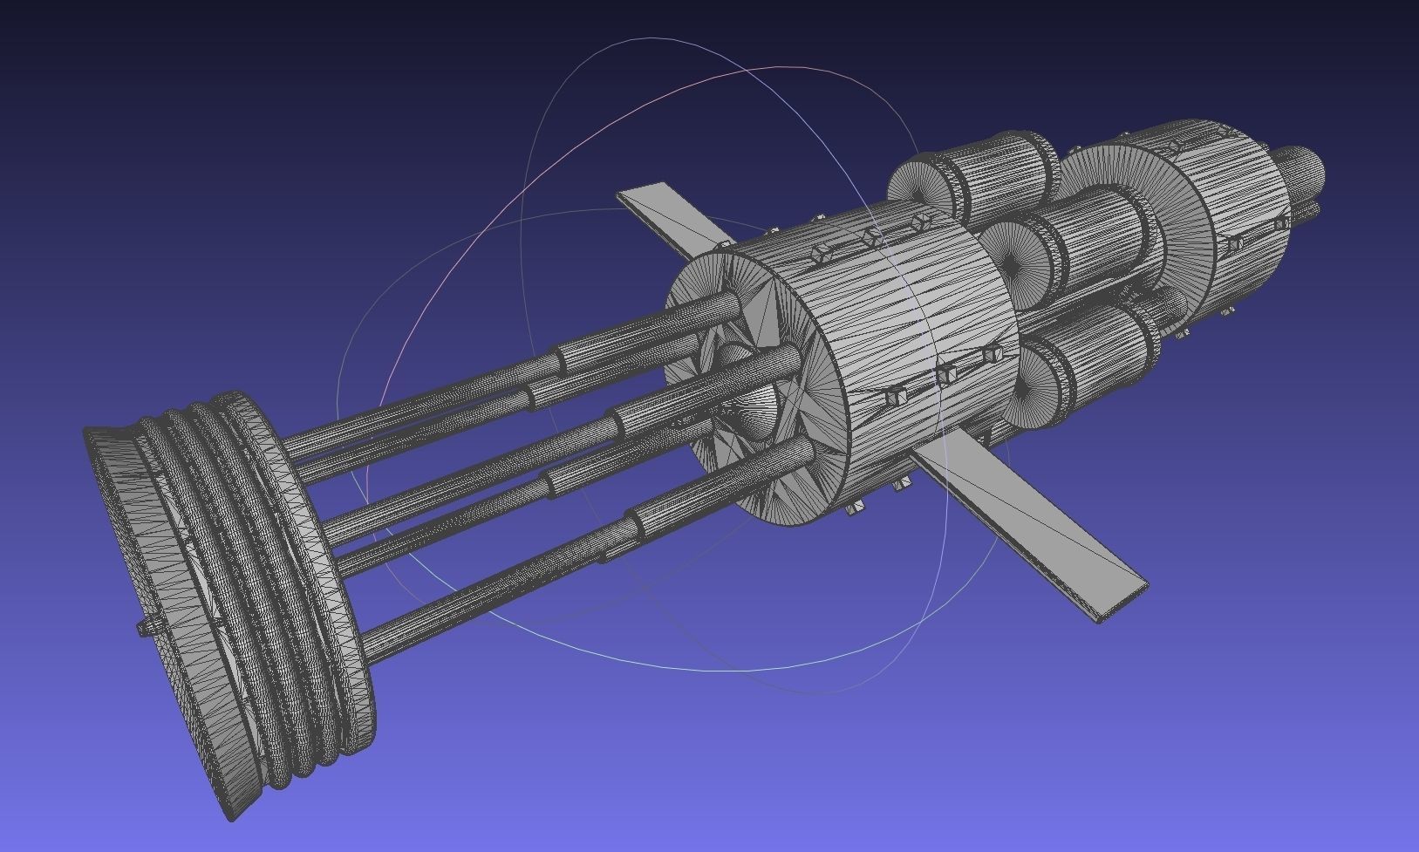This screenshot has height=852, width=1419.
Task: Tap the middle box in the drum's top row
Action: tap(870, 237)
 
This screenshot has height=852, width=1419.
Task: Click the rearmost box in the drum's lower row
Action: tap(991, 355)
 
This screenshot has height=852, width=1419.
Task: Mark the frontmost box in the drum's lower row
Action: tap(894, 397)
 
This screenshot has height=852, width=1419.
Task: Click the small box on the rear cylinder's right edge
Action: tap(1280, 224)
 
